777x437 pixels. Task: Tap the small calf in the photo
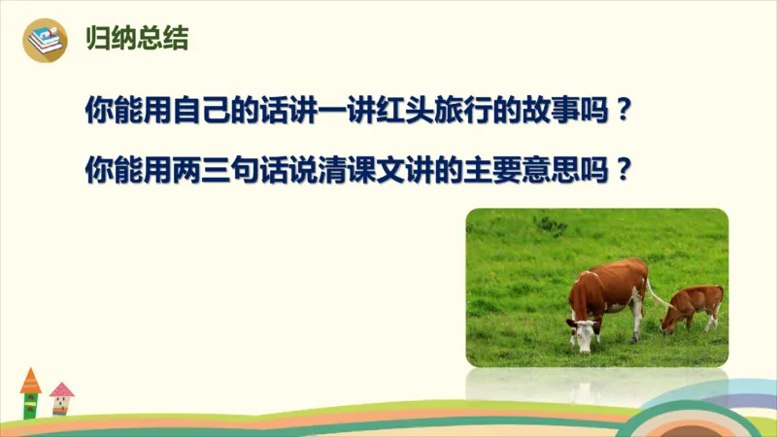tap(693, 306)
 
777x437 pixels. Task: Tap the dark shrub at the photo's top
tap(550, 224)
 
